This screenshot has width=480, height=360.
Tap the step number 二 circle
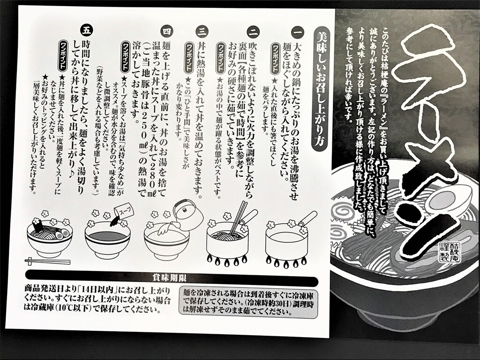point(254,31)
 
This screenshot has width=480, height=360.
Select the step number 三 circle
point(202,31)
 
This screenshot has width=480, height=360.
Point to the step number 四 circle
point(167,31)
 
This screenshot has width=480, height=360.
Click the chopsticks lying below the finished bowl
point(47,261)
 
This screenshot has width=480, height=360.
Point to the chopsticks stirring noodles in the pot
point(238,217)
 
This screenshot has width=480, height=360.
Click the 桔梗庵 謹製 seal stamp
point(449,251)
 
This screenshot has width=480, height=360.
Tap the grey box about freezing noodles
point(248,302)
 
